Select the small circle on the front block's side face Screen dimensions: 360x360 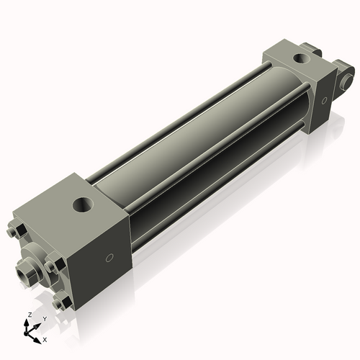pos(109,258)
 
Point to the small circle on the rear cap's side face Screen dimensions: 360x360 pos(324,100)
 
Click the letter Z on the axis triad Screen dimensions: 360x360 pos(28,315)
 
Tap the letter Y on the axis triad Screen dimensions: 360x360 pos(45,318)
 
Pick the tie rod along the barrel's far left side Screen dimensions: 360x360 pos(180,108)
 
